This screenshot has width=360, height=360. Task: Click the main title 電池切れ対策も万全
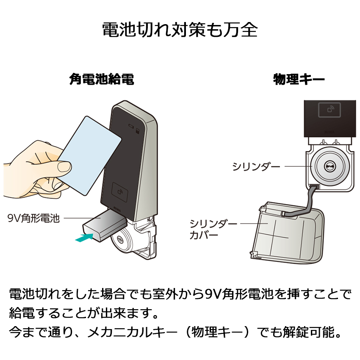180,30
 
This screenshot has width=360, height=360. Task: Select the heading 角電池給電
102,79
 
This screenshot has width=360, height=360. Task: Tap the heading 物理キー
299,80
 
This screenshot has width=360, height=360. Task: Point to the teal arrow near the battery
84,237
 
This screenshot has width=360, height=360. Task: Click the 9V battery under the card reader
105,226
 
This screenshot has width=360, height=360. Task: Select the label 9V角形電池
33,218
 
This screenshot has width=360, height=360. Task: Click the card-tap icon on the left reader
119,192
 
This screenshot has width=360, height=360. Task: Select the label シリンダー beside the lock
256,166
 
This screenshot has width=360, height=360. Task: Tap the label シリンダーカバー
213,230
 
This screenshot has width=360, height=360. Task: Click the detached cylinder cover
287,233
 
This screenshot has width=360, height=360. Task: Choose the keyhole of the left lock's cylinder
120,239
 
